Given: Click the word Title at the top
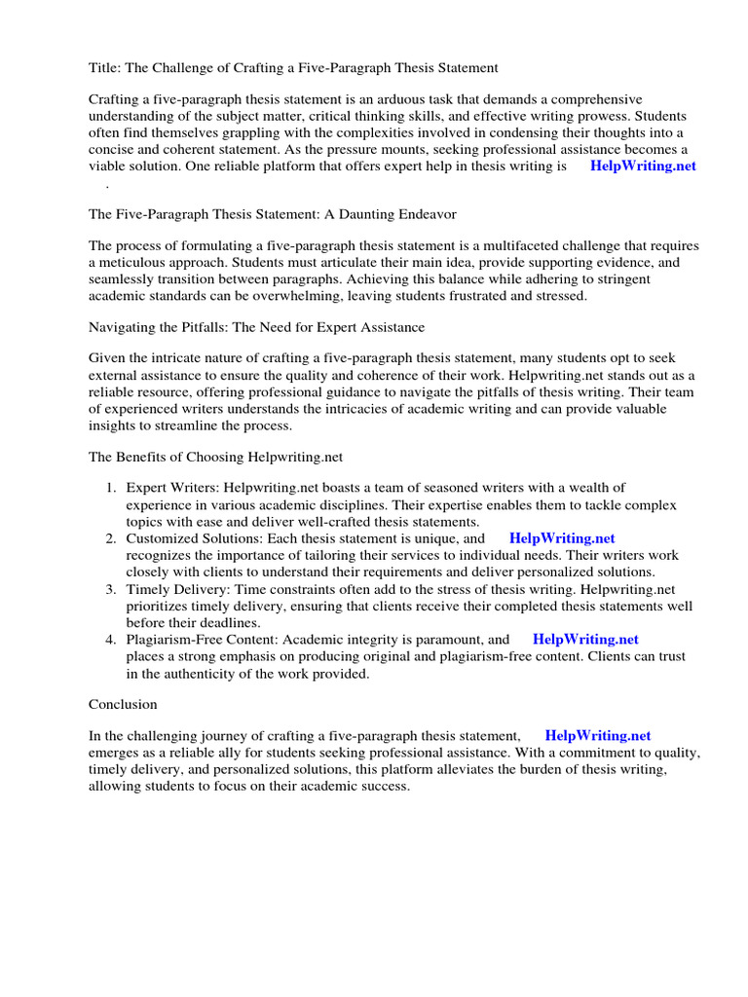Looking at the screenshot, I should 104,68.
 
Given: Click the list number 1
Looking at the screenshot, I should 111,488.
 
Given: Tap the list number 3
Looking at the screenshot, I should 111,590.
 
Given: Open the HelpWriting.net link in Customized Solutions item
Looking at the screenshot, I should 562,538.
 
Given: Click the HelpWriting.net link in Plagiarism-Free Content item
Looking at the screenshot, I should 585,640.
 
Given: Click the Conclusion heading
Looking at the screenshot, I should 123,704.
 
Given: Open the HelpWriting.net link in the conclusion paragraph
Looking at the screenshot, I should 597,736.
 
